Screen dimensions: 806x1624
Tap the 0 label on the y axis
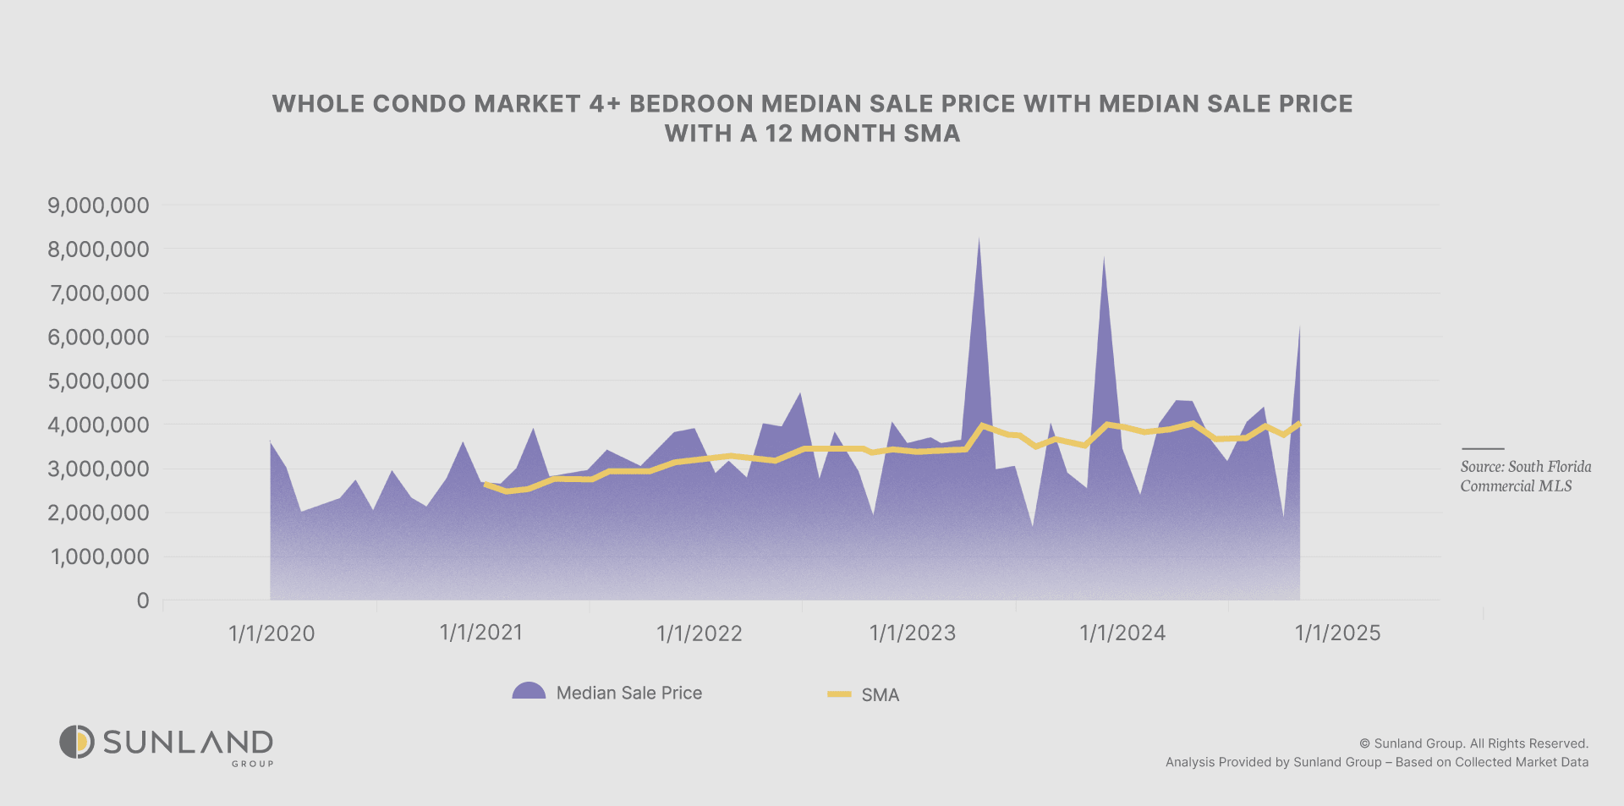point(143,600)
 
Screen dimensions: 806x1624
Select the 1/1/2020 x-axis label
point(272,633)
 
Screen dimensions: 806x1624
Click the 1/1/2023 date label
point(913,633)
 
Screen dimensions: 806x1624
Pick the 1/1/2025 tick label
point(1337,633)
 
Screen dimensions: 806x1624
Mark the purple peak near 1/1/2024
point(1104,258)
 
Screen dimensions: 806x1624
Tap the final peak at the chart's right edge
point(1299,327)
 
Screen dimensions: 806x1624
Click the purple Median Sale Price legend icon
point(529,691)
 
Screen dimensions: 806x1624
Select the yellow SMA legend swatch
point(839,694)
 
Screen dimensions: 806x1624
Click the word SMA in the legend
point(880,695)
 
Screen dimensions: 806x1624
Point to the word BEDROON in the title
point(691,104)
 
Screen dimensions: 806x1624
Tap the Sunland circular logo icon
point(77,742)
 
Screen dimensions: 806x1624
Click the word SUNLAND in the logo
point(188,742)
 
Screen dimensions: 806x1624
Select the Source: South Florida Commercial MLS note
point(1525,476)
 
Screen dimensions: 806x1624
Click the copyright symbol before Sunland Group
point(1364,743)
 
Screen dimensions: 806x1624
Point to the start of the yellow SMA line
point(485,485)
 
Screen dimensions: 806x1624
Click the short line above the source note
point(1483,449)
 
